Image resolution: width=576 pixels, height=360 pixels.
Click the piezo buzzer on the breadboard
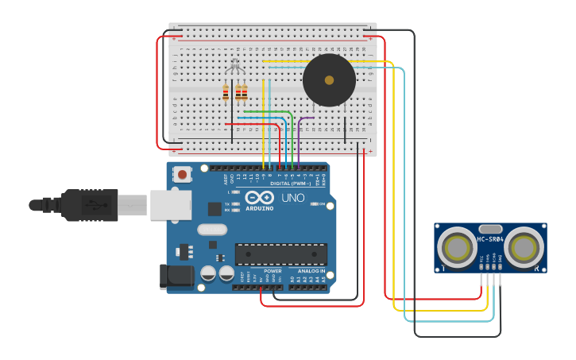click(329, 80)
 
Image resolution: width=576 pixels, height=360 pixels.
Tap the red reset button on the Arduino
click(183, 174)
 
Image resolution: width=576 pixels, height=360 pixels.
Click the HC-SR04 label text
click(491, 239)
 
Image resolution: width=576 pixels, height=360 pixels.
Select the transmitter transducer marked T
click(457, 248)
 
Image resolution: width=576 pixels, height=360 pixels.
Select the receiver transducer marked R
click(524, 248)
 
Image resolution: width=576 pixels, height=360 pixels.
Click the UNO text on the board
click(293, 197)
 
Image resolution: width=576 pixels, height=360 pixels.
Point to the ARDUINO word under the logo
click(259, 208)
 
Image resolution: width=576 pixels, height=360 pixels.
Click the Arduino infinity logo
click(260, 197)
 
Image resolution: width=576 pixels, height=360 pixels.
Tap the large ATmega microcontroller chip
click(280, 254)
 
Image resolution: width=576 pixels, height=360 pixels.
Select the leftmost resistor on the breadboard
click(226, 93)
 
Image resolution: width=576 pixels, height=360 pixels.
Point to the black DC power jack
click(176, 277)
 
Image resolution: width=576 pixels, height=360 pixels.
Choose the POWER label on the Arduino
click(273, 271)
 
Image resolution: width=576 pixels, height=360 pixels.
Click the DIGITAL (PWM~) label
click(290, 184)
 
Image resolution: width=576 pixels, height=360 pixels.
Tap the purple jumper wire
click(306, 118)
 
